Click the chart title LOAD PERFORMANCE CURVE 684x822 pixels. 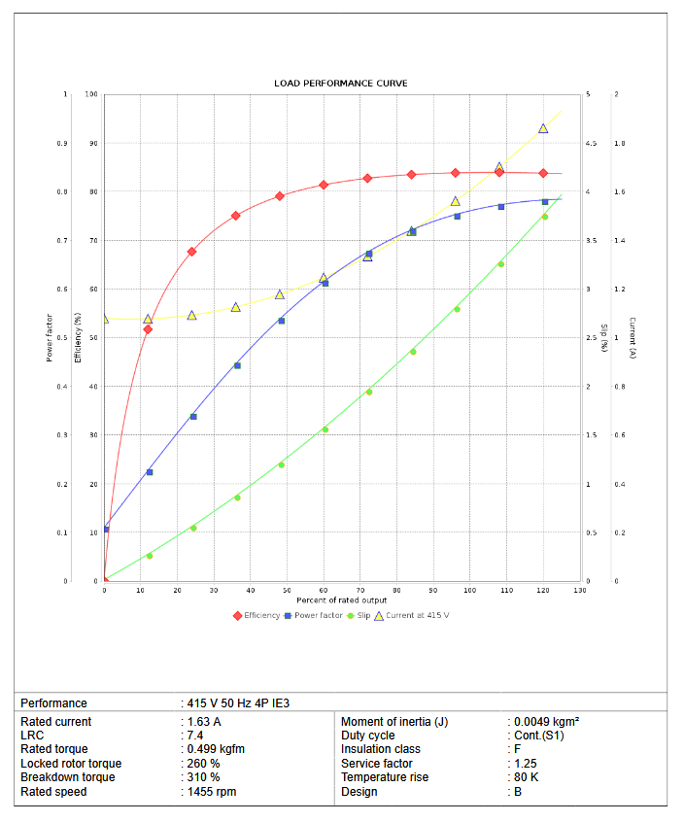pos(340,84)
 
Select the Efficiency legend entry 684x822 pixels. pos(257,615)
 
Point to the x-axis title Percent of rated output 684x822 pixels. pos(342,600)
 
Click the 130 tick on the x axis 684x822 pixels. pos(580,590)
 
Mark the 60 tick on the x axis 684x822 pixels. pos(324,590)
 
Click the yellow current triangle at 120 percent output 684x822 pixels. pos(543,128)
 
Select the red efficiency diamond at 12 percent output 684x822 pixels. pos(148,329)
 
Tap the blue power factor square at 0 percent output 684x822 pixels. pos(106,529)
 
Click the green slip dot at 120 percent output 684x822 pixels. pos(544,217)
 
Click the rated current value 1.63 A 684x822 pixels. pos(205,722)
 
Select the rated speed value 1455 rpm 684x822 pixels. pos(213,792)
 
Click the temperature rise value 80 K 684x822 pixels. pos(526,777)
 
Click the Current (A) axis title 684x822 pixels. pos(633,338)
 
